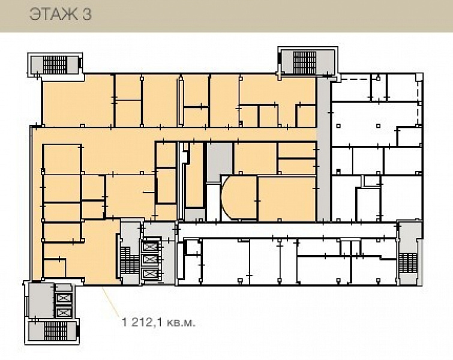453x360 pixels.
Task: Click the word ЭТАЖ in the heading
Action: click(54, 14)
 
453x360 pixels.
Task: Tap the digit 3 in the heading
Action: click(87, 14)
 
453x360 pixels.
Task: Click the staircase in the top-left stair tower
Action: click(55, 65)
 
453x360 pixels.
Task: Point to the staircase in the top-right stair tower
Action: click(305, 62)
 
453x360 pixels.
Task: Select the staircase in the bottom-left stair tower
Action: click(56, 331)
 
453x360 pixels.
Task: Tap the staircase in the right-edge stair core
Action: click(407, 263)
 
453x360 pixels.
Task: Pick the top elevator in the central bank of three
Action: click(150, 247)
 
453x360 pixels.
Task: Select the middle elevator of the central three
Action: click(150, 259)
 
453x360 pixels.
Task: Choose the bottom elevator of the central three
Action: click(150, 273)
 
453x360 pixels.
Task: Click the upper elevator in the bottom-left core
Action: click(63, 298)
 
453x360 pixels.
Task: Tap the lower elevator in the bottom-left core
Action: click(63, 312)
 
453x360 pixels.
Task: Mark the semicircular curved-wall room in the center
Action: click(239, 197)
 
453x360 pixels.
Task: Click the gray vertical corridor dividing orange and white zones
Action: click(323, 149)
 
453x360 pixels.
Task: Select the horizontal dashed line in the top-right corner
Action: click(356, 79)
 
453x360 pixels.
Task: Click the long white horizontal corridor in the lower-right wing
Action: click(287, 230)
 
